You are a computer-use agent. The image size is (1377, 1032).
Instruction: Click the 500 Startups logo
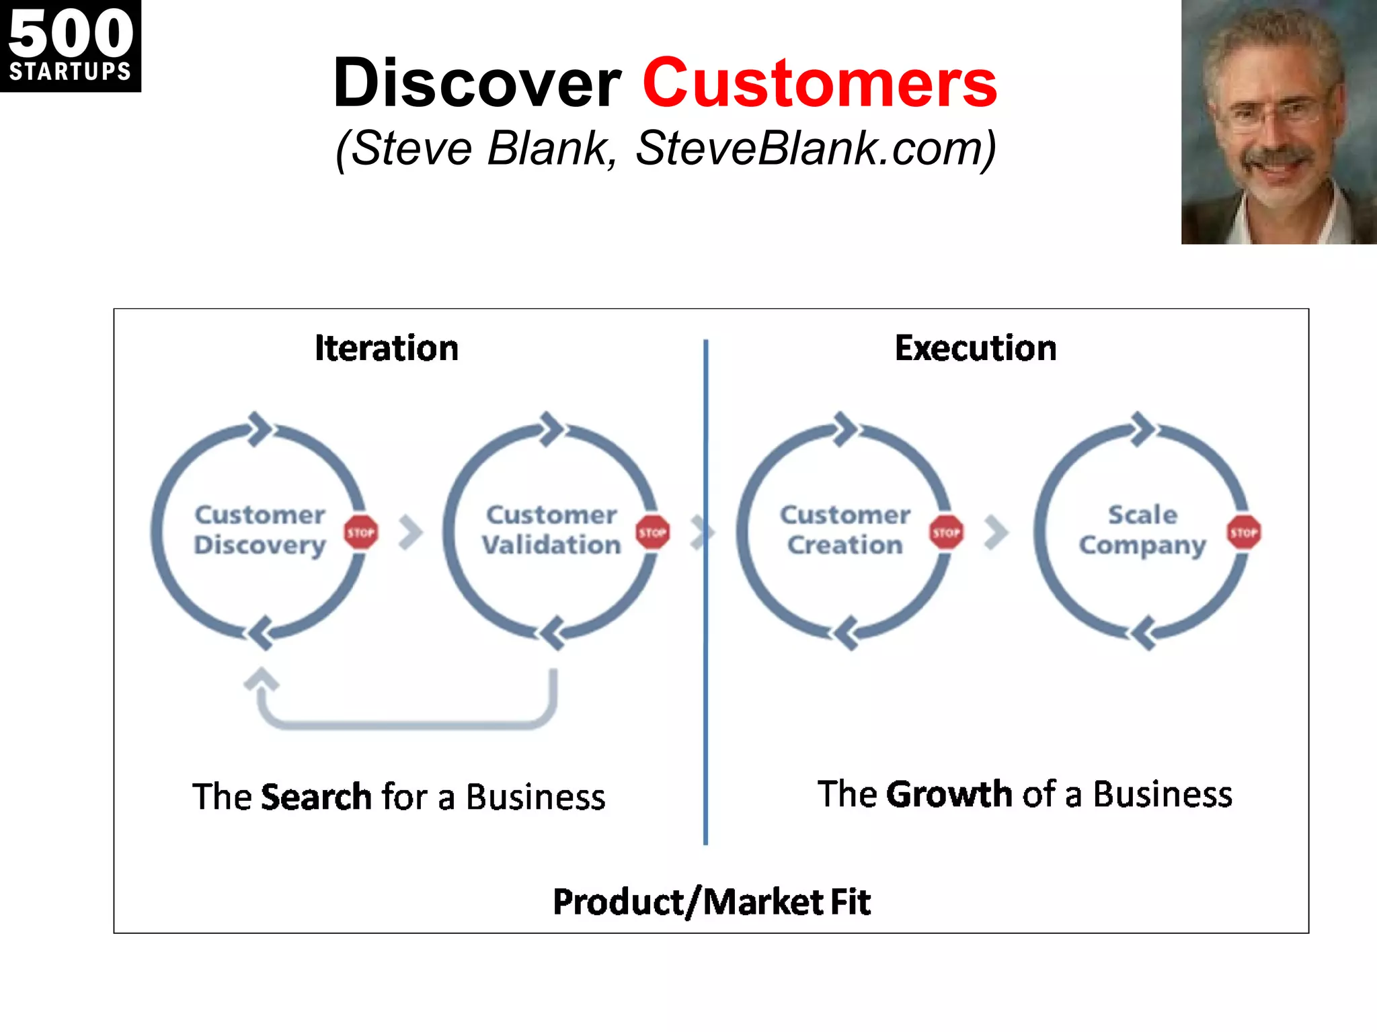coord(70,46)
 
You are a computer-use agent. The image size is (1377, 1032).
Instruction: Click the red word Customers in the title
coord(819,83)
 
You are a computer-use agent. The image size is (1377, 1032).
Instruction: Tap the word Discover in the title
coord(477,83)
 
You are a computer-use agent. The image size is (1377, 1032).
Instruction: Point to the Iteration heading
coord(387,349)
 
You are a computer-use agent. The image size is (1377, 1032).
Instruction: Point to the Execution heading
coord(975,349)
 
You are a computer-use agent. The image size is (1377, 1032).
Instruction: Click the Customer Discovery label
coord(260,530)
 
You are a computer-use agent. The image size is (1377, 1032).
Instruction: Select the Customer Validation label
coord(551,530)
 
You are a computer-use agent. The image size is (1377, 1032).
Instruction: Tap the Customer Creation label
coord(845,530)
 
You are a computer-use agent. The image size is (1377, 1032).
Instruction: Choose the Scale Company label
coord(1142,530)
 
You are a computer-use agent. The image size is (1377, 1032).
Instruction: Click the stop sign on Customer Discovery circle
coord(361,533)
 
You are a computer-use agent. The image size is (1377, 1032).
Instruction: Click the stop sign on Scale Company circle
coord(1243,533)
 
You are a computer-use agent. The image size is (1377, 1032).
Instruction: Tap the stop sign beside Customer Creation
coord(946,533)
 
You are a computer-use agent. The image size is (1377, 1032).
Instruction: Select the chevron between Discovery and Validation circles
coord(410,533)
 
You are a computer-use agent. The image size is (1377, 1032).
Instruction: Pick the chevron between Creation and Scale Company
coord(996,533)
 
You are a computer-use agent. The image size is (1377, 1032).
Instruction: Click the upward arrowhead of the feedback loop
coord(261,679)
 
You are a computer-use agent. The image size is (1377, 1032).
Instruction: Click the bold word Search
coord(316,797)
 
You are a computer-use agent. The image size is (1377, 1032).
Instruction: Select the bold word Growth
coord(949,794)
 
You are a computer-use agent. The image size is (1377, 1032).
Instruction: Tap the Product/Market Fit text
coord(711,902)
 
